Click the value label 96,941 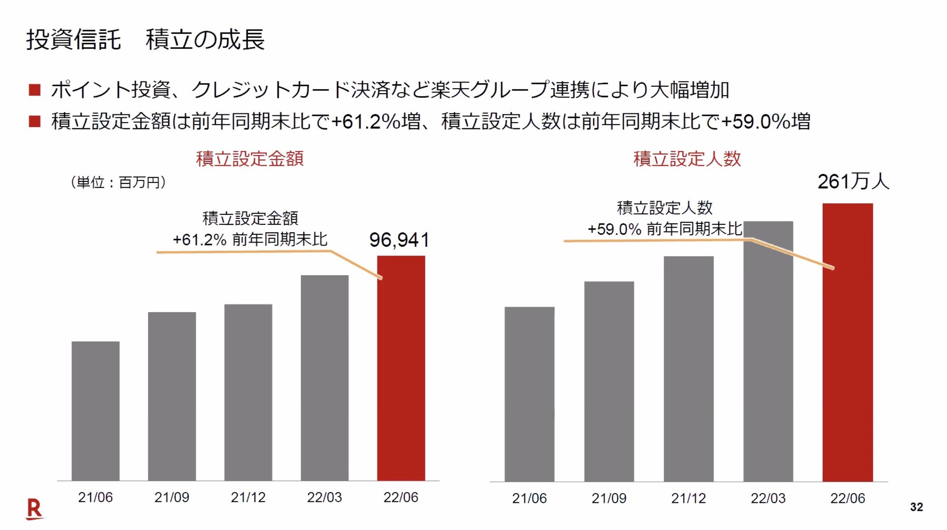(x=399, y=240)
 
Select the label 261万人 (x=853, y=181)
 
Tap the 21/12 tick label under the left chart (x=248, y=497)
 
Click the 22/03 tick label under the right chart (x=767, y=498)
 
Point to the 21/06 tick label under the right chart (x=529, y=498)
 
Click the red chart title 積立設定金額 (x=250, y=159)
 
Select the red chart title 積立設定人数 (x=687, y=159)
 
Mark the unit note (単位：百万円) (x=118, y=182)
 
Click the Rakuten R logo (x=34, y=509)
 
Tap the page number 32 (x=916, y=507)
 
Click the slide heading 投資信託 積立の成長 (x=146, y=39)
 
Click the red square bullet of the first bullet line (x=35, y=90)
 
